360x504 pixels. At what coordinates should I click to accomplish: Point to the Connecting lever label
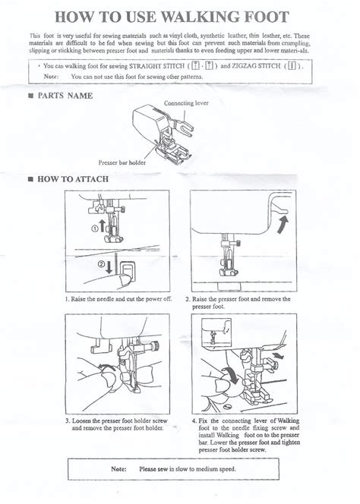(x=187, y=102)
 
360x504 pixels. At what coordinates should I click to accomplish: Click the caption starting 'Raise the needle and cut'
(x=118, y=300)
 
